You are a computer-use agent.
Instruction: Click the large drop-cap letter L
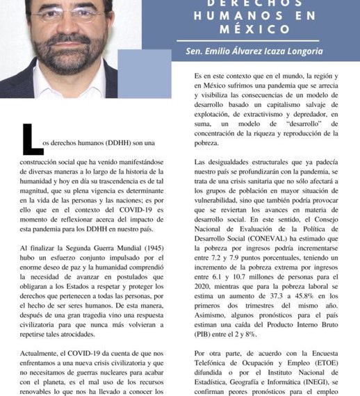click(32, 139)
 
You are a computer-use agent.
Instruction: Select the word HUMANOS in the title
click(234, 16)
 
